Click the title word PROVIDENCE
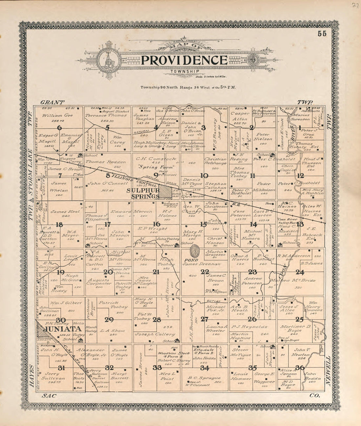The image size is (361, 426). (x=184, y=60)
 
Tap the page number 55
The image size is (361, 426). (x=322, y=34)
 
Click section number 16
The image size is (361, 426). (x=156, y=224)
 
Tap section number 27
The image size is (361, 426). (x=204, y=319)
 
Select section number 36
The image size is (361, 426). (x=300, y=367)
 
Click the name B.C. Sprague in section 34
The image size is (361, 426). (x=200, y=378)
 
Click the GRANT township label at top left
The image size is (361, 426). (x=52, y=102)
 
